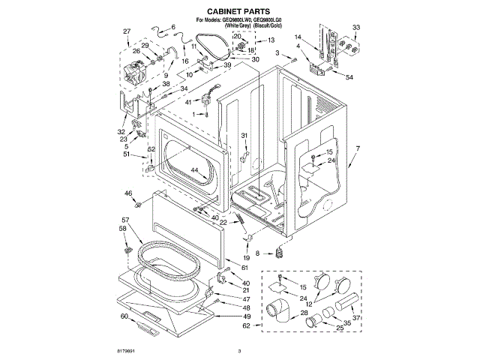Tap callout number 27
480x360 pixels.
click(x=127, y=31)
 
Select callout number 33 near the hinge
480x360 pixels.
click(x=355, y=28)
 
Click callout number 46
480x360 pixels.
click(x=128, y=193)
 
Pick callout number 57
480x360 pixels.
click(x=125, y=220)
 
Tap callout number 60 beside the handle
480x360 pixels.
click(x=124, y=316)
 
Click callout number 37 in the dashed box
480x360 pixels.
click(x=357, y=317)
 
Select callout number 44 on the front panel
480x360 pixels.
click(x=193, y=171)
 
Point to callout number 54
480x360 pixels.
click(x=349, y=77)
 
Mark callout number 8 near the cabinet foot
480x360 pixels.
click(x=259, y=254)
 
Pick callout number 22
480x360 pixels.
click(x=223, y=223)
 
